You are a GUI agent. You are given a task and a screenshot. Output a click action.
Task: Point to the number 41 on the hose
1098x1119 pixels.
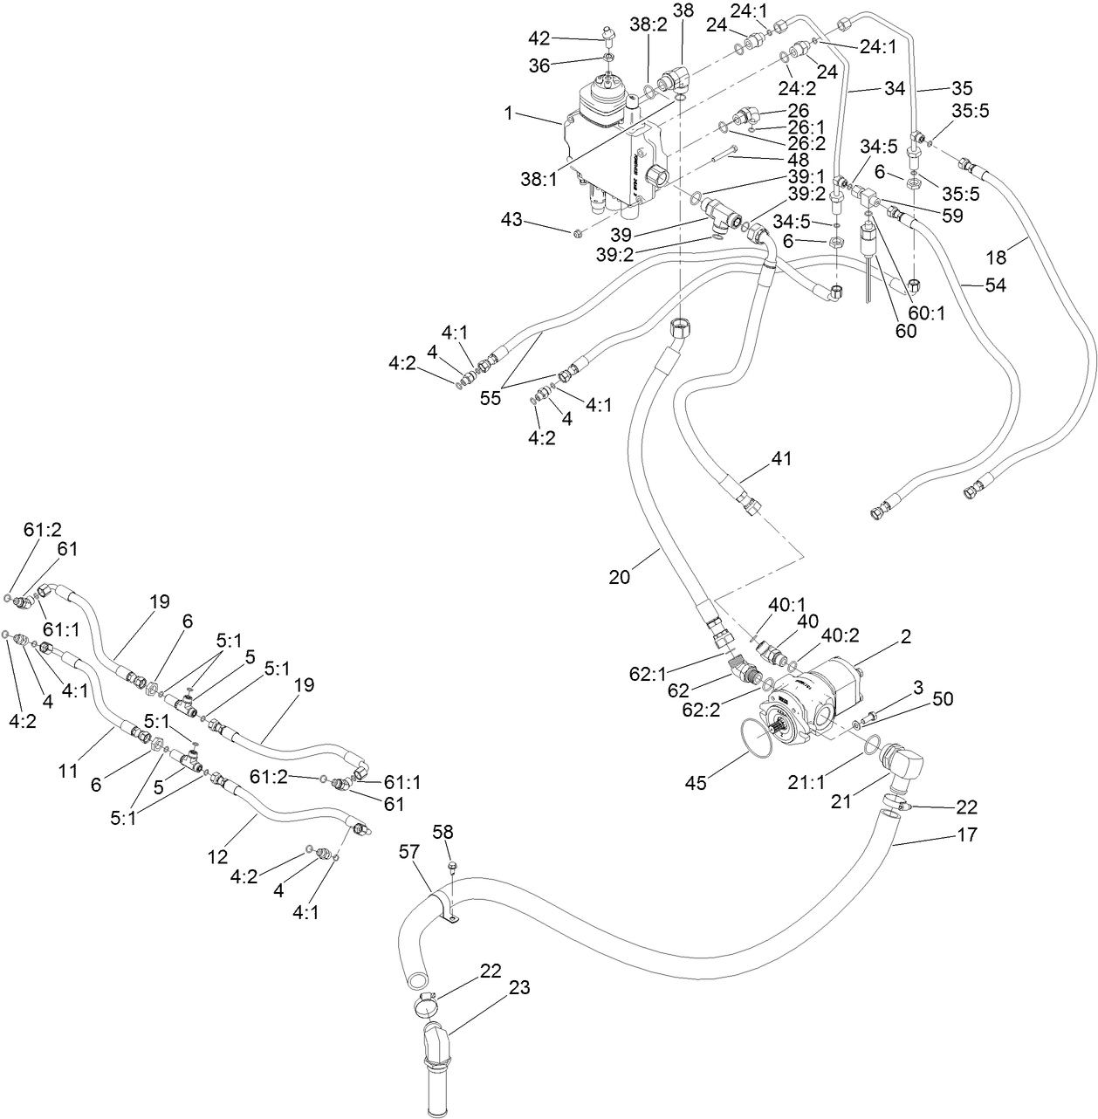tap(781, 458)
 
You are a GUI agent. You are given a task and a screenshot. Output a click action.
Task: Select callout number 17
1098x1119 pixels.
tap(967, 834)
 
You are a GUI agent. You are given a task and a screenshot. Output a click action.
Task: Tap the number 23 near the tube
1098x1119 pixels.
tap(519, 988)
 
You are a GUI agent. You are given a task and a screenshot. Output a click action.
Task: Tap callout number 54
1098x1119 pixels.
tap(996, 285)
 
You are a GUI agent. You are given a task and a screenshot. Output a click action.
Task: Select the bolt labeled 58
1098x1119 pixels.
tap(451, 866)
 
